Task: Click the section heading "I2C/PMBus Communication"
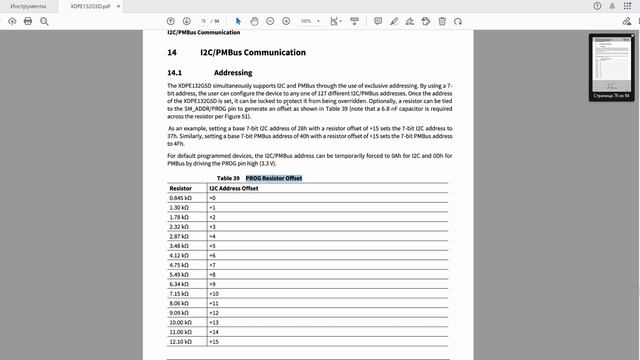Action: tap(253, 52)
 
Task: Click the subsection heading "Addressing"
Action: tap(234, 73)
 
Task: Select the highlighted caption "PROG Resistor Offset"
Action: tap(274, 178)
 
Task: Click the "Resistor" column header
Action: tap(181, 188)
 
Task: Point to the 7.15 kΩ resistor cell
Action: tap(181, 294)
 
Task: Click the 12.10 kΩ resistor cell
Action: tap(183, 341)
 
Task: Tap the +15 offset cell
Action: tap(213, 341)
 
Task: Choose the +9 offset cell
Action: tap(212, 284)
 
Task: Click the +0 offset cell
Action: tap(212, 198)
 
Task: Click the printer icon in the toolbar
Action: tap(28, 20)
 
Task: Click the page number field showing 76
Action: tap(203, 20)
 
